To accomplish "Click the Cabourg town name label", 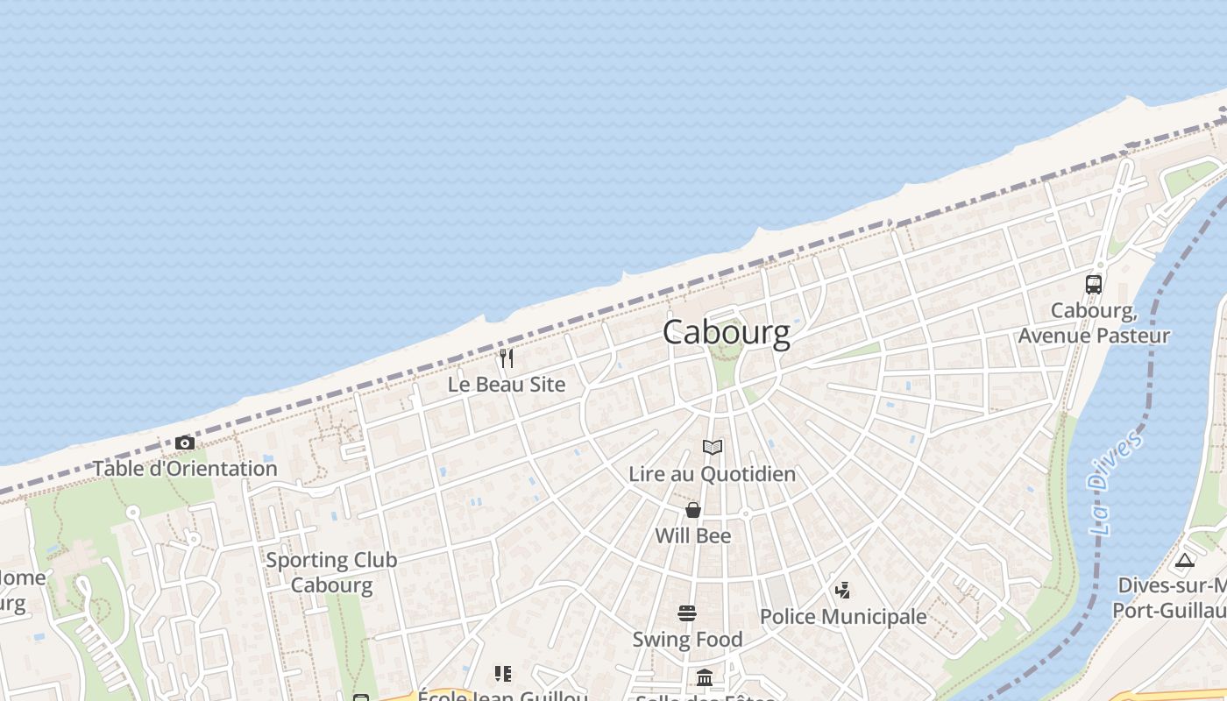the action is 726,333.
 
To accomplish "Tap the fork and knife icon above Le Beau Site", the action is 507,358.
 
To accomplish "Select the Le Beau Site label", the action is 507,385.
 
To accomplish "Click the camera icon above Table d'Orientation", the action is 184,443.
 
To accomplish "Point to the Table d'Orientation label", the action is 185,469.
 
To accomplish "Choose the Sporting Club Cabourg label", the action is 331,572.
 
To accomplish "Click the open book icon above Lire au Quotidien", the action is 713,448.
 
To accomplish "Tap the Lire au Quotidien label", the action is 713,474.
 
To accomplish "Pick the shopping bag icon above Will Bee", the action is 693,510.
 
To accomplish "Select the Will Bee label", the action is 693,535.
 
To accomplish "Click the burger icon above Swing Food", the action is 687,613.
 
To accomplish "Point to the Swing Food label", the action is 687,640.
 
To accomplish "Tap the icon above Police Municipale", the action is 842,591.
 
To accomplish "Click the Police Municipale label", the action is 843,617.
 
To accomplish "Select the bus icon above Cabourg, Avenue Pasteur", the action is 1094,284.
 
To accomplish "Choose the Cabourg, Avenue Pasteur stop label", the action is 1094,323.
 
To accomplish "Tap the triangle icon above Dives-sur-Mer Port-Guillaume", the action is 1185,560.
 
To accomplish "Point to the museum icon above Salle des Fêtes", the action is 705,677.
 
